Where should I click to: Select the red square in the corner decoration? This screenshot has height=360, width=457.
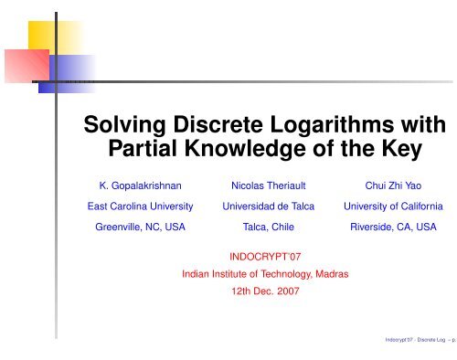pyautogui.click(x=20, y=66)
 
